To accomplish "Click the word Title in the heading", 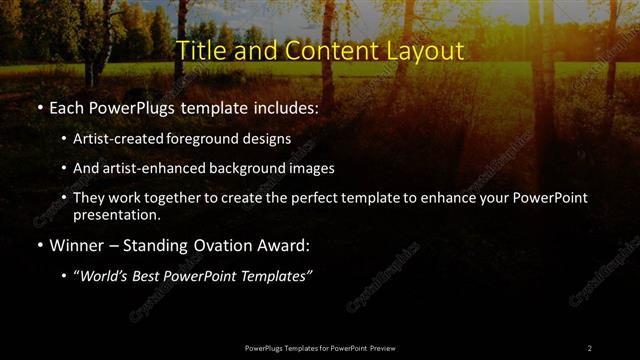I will point(200,50).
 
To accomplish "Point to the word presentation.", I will point(116,214).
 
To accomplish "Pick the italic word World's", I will point(102,275).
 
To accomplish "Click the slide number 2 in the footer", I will point(590,347).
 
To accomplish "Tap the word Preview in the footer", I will point(381,347).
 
